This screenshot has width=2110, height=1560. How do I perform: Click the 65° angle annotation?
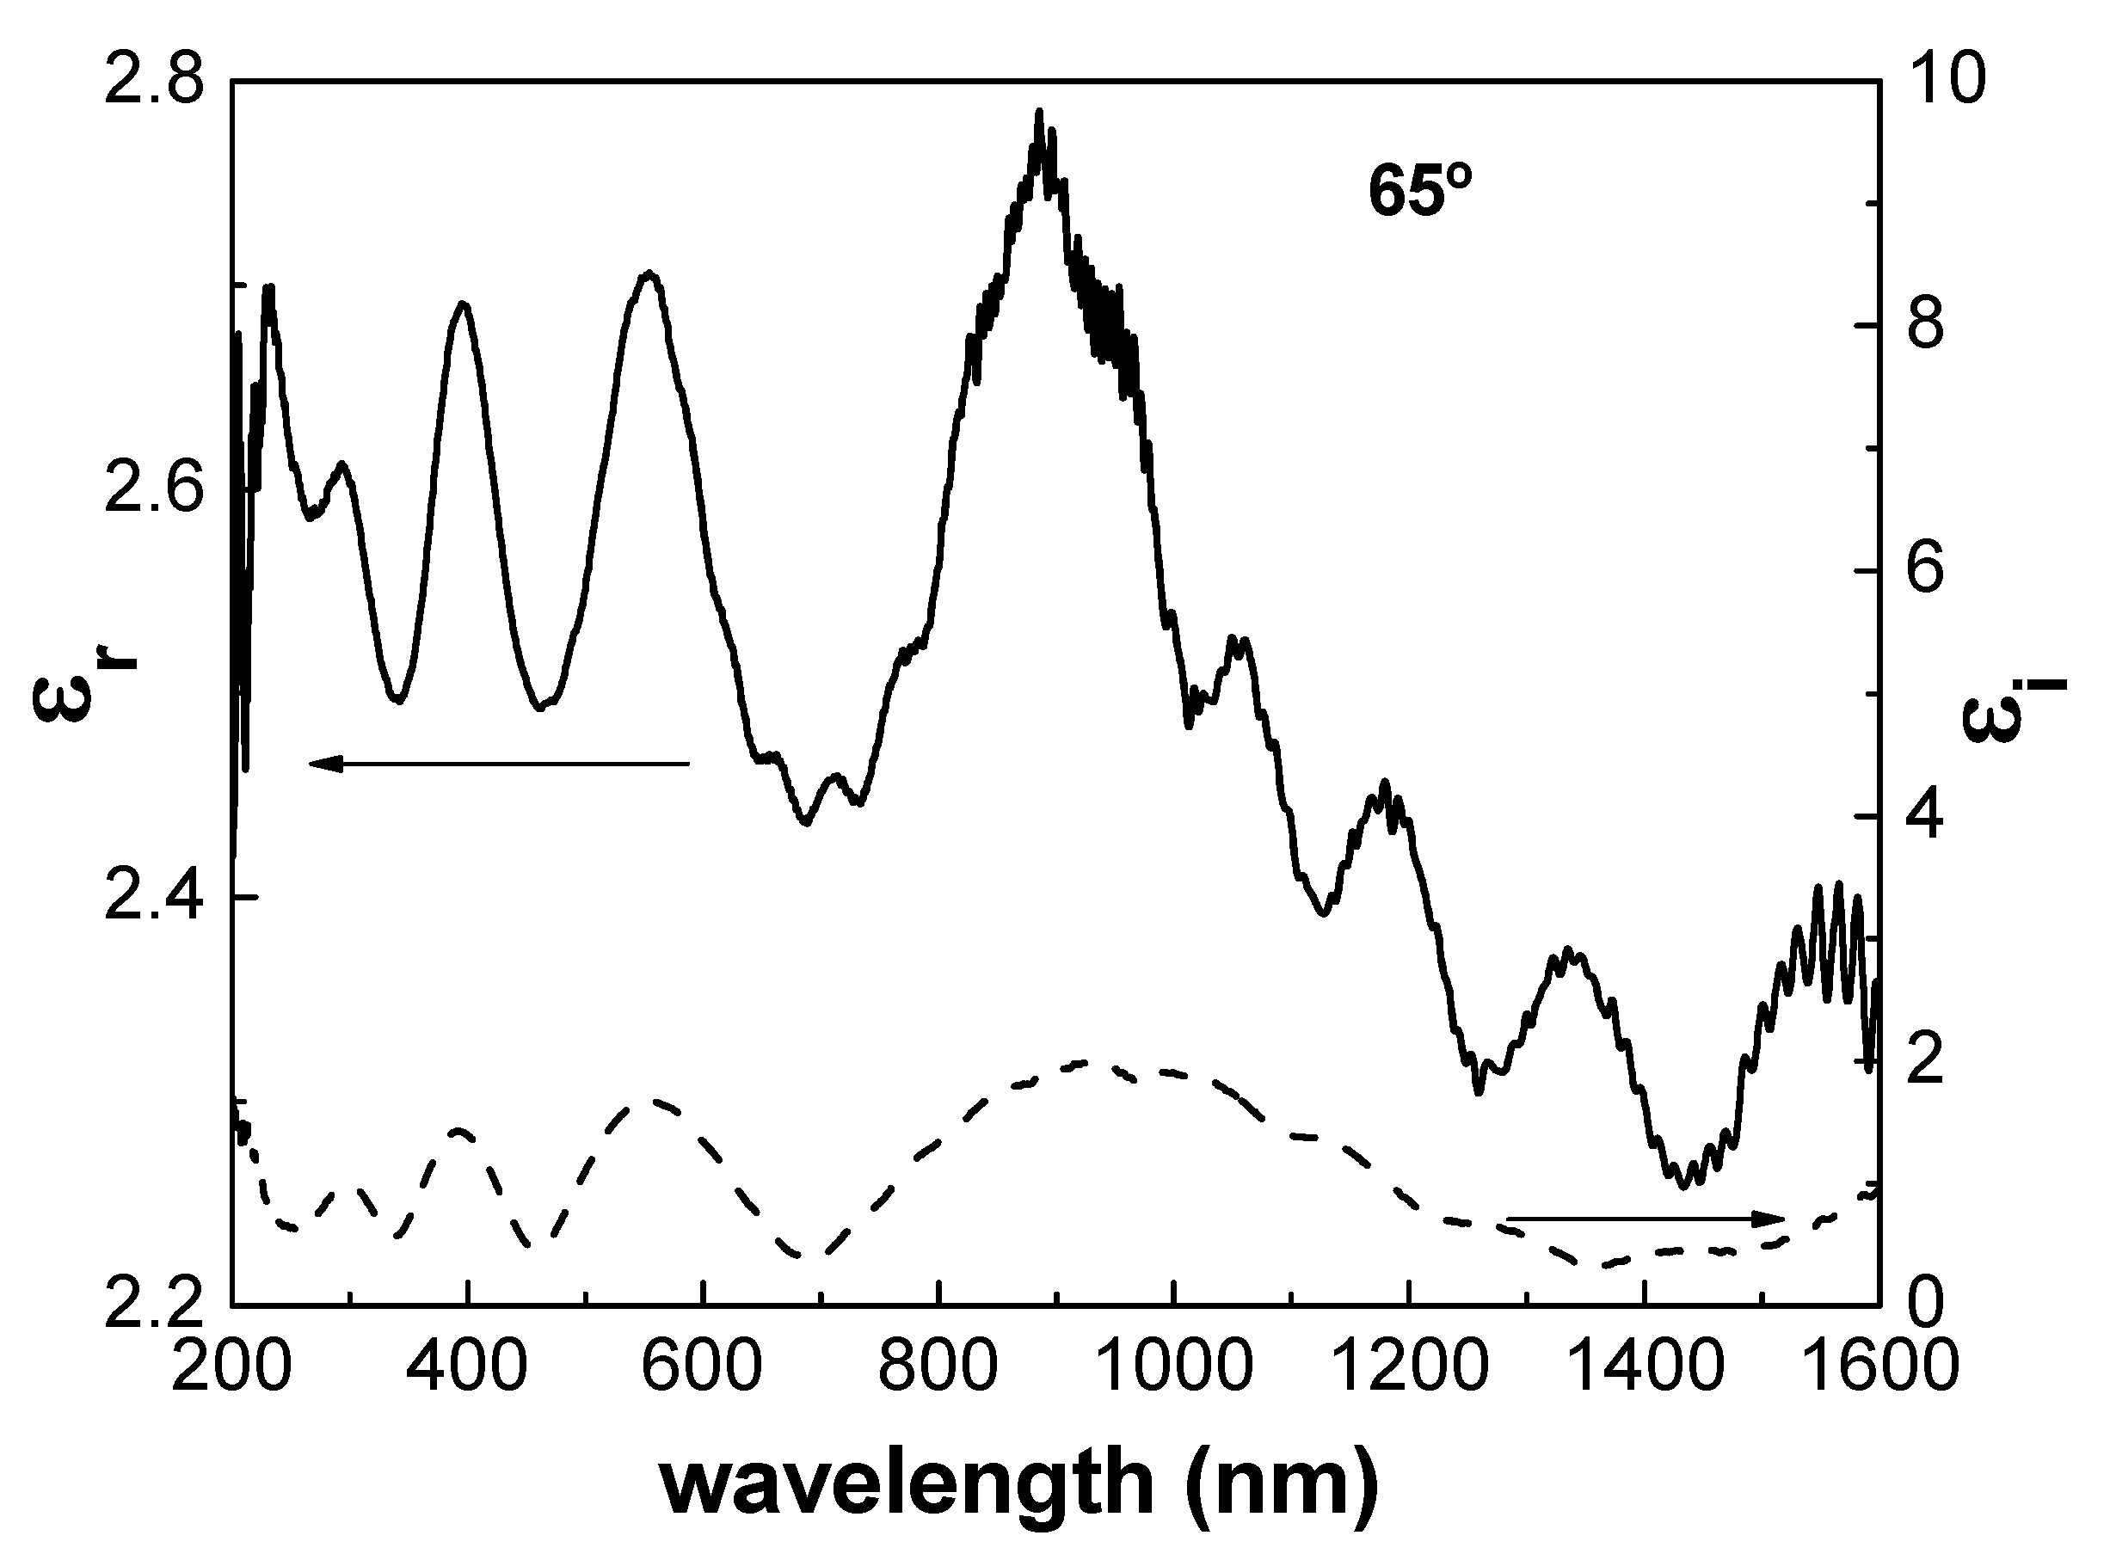1420,193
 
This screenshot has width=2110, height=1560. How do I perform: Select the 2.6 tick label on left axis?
152,490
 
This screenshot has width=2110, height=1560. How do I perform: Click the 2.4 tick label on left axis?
152,897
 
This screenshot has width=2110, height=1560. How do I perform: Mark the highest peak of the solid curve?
1040,114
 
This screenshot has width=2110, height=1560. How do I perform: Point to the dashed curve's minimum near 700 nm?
810,1256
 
